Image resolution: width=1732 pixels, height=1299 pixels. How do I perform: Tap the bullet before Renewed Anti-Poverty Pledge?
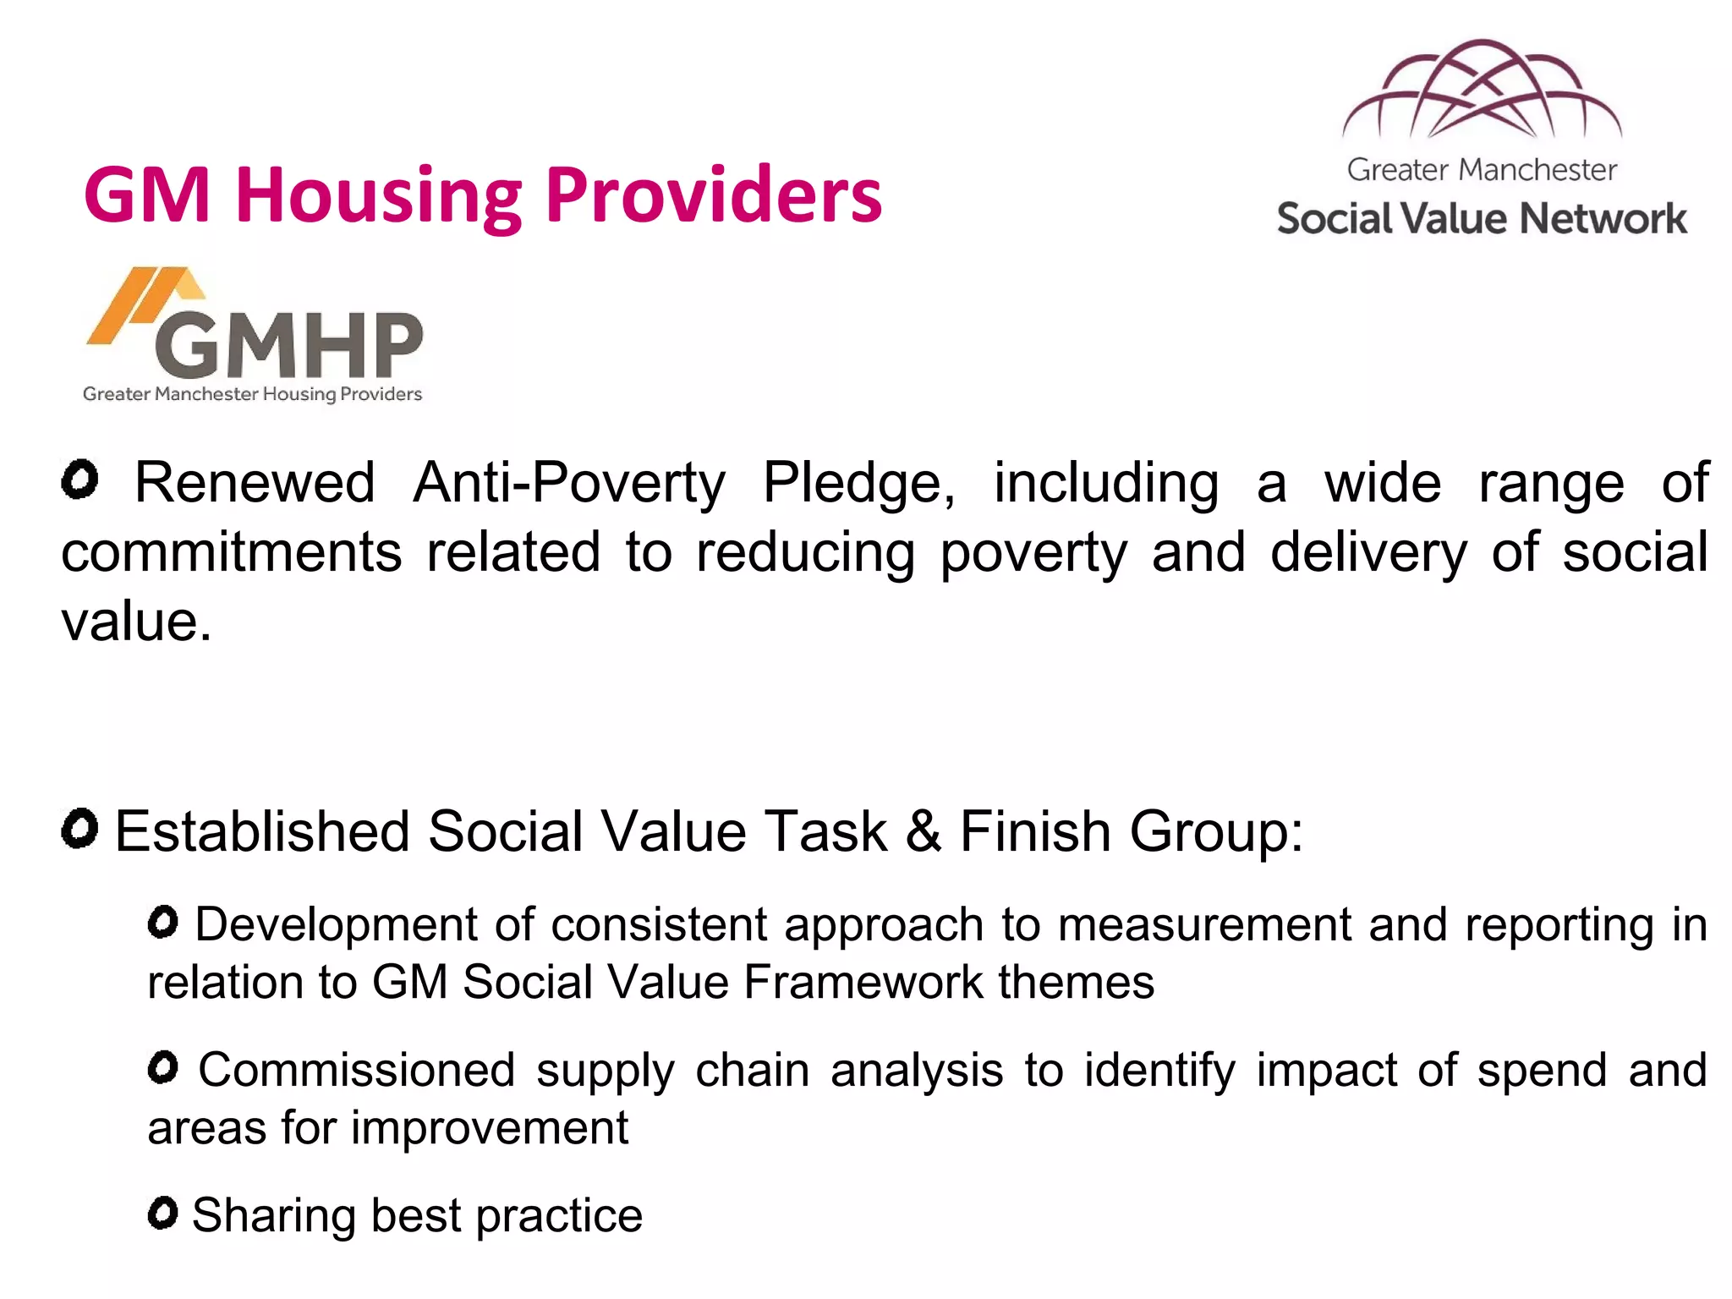(x=80, y=480)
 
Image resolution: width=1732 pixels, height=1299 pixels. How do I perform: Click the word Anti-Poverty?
(x=568, y=483)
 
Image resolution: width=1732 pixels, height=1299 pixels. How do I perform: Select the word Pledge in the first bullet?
(x=858, y=483)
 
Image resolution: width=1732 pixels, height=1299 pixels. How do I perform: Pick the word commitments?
(x=232, y=552)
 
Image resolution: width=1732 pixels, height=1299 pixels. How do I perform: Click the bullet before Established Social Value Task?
(x=80, y=829)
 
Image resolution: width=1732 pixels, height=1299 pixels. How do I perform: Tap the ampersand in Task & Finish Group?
(x=923, y=830)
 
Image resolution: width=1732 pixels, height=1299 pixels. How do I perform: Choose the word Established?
(x=262, y=830)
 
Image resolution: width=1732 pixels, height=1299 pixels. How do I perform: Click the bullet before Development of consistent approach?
(x=162, y=922)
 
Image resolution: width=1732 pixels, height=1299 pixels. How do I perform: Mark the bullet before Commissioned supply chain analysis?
(x=162, y=1067)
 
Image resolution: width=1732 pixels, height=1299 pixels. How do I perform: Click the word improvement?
(x=490, y=1127)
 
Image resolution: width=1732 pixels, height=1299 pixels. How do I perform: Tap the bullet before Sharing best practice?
(x=162, y=1214)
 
